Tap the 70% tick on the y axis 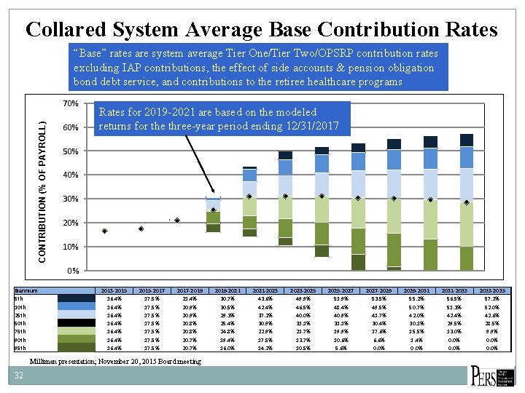tap(71, 103)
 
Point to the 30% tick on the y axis tap(71, 199)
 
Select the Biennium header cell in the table tap(27, 290)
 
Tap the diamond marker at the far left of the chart tap(105, 231)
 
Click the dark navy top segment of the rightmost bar tap(467, 140)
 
